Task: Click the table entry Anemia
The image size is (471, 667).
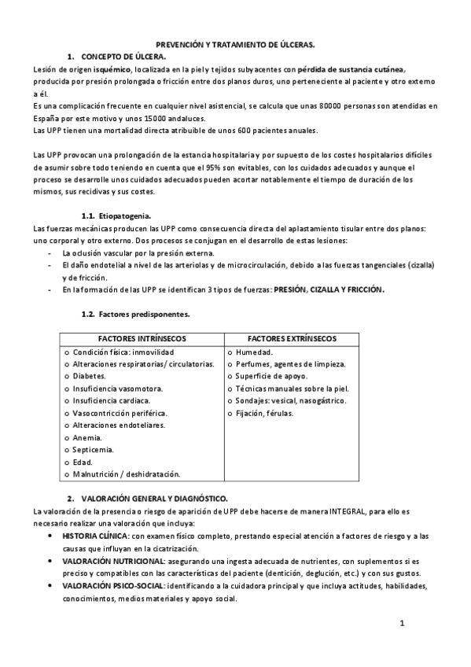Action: click(x=90, y=437)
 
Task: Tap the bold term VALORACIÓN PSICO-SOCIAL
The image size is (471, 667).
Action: click(x=112, y=586)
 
